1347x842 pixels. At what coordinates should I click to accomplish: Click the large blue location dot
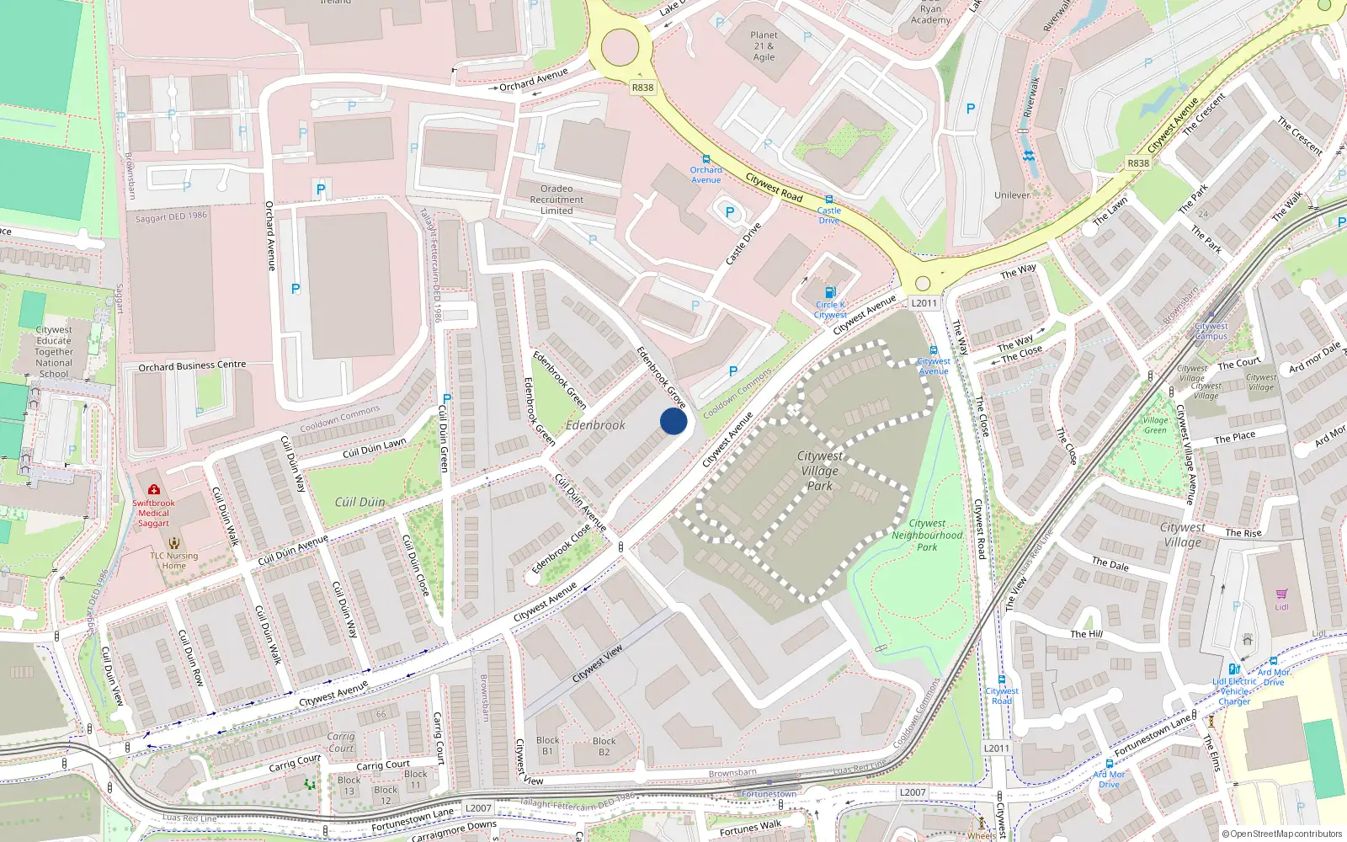click(x=673, y=421)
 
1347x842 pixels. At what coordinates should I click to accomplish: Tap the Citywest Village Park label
click(x=819, y=471)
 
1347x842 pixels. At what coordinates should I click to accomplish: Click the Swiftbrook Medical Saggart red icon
click(x=153, y=489)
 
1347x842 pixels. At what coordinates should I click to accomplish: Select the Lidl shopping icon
click(x=1281, y=594)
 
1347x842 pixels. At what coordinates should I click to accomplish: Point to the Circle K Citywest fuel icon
click(x=830, y=293)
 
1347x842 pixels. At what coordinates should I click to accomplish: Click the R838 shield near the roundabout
click(x=642, y=88)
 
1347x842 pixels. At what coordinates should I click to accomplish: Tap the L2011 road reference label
click(x=924, y=303)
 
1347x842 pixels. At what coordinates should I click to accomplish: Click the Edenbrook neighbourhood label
click(x=595, y=425)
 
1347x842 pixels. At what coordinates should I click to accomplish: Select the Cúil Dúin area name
click(x=359, y=502)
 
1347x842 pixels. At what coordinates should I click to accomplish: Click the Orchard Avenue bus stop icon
click(x=705, y=158)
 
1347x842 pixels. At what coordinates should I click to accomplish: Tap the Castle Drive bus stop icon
click(x=828, y=200)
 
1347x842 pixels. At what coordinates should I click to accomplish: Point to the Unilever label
click(x=1012, y=195)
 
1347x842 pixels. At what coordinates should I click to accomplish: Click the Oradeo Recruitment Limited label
click(x=556, y=200)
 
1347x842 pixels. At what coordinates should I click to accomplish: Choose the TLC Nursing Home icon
click(x=173, y=543)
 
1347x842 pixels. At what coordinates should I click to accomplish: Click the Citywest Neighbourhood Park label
click(x=927, y=535)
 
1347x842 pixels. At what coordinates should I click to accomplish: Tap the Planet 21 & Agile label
click(x=764, y=46)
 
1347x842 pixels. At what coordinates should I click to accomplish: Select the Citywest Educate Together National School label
click(x=54, y=352)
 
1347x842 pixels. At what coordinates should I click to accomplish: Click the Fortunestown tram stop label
click(x=769, y=794)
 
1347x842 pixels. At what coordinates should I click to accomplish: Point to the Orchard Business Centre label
click(x=192, y=366)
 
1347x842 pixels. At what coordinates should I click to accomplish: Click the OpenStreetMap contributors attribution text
click(x=1281, y=834)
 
